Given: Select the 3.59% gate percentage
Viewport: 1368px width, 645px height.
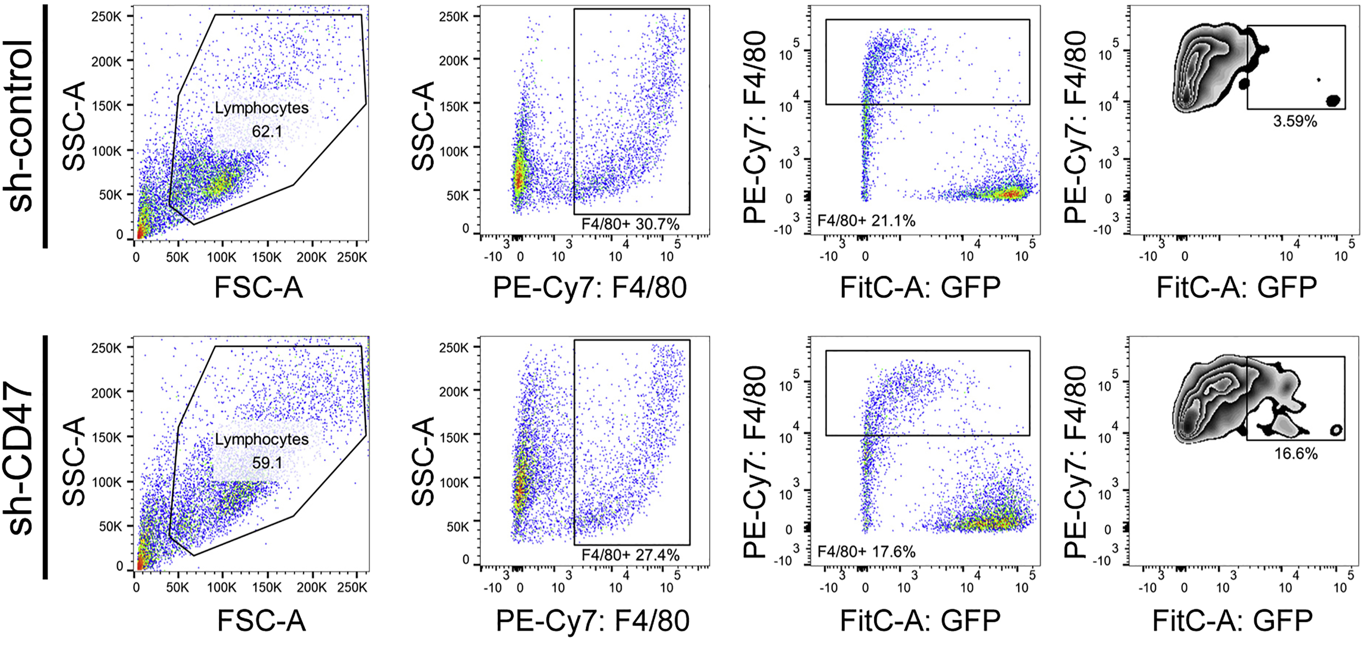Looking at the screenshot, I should coord(1295,122).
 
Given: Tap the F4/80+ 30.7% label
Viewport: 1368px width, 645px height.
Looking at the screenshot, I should coord(630,224).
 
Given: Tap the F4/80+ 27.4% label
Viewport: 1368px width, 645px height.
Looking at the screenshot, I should coord(630,555).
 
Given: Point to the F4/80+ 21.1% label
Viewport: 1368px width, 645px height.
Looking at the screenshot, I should coord(866,220).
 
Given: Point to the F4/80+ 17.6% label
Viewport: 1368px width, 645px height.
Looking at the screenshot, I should coord(866,551).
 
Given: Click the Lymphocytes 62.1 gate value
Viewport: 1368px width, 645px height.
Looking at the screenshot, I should coord(267,131).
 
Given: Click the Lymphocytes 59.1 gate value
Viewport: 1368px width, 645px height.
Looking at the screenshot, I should coord(267,462).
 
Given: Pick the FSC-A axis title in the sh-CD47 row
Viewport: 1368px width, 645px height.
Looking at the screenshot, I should coord(261,620).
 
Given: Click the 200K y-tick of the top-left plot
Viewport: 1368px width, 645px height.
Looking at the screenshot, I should coord(107,62).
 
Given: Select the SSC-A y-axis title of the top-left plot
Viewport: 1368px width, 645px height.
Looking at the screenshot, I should coord(74,126).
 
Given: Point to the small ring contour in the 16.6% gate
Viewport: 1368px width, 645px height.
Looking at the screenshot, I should coord(1336,430).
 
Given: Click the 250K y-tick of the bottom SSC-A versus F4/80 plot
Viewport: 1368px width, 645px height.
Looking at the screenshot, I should coord(454,348).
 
